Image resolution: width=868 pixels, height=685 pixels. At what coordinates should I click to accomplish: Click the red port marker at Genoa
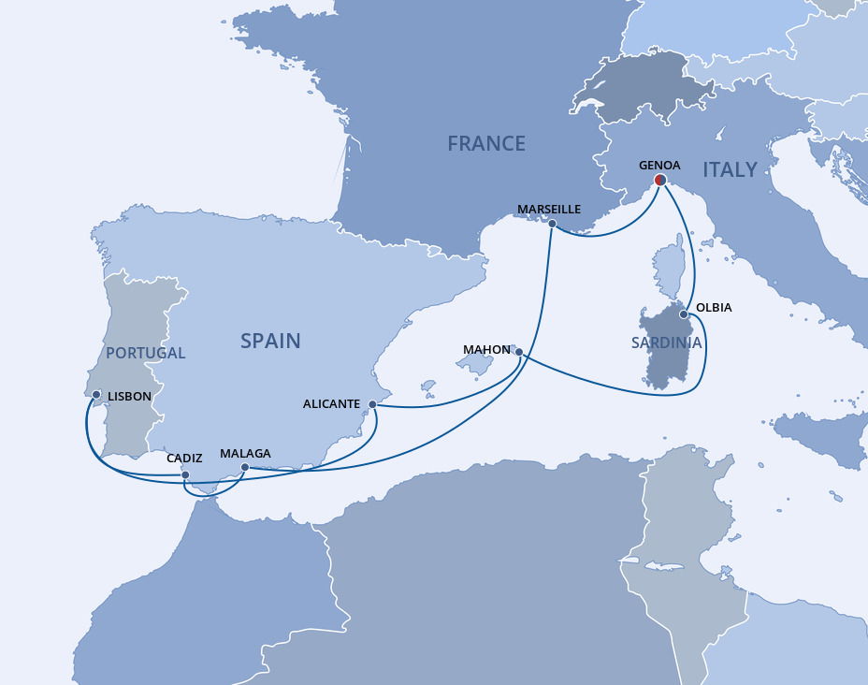[x=659, y=180]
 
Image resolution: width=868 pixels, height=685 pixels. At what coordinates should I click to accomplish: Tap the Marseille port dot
[x=552, y=224]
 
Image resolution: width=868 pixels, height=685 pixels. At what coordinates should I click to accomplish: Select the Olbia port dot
[x=684, y=314]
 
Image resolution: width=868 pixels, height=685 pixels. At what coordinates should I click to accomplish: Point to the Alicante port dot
[x=372, y=404]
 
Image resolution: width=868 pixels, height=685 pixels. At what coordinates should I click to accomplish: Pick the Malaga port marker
[x=245, y=467]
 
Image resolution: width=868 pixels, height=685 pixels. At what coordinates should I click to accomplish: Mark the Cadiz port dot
[x=185, y=475]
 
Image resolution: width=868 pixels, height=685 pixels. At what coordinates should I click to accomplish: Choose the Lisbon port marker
[x=96, y=395]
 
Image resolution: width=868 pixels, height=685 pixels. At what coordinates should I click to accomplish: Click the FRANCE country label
[x=485, y=143]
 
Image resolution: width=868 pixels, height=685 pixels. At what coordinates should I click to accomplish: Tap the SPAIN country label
[x=270, y=341]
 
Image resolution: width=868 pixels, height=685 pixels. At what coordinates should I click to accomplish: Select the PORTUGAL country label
[x=145, y=353]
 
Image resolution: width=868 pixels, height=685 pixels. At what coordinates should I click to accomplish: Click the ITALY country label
[x=730, y=169]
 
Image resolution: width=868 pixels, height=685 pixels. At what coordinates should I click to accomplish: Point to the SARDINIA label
[x=666, y=343]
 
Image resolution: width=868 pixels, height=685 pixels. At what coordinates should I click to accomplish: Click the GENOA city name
[x=659, y=165]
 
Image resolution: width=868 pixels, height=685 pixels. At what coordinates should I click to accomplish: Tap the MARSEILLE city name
[x=549, y=209]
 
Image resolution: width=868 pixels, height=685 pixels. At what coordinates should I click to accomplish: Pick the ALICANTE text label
[x=331, y=404]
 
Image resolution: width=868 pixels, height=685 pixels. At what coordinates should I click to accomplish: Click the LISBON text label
[x=129, y=397]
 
